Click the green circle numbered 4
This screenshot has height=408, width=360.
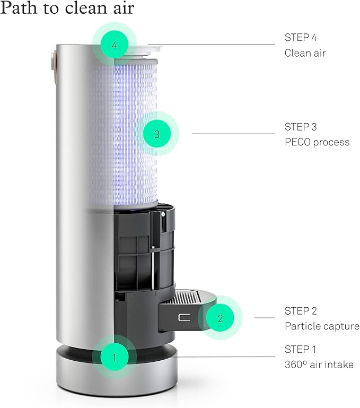click(x=115, y=45)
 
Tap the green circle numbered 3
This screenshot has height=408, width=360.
click(x=157, y=134)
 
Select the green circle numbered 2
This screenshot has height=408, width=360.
click(x=220, y=318)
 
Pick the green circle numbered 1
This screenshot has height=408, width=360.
click(x=115, y=357)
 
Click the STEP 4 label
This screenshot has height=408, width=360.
click(x=301, y=38)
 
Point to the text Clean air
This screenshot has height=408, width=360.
click(x=305, y=53)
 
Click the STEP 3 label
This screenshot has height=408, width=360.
click(x=301, y=127)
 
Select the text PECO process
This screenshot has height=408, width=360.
click(x=317, y=142)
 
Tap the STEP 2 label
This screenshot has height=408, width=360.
click(x=301, y=311)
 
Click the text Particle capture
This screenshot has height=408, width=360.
click(x=322, y=326)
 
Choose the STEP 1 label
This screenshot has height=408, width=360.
click(x=300, y=349)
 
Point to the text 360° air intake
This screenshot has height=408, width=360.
click(x=319, y=364)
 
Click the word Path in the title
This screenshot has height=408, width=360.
click(x=18, y=7)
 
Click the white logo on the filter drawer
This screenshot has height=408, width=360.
click(x=184, y=317)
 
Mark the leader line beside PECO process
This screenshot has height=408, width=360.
click(x=233, y=134)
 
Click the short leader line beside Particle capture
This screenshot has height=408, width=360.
click(x=265, y=318)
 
